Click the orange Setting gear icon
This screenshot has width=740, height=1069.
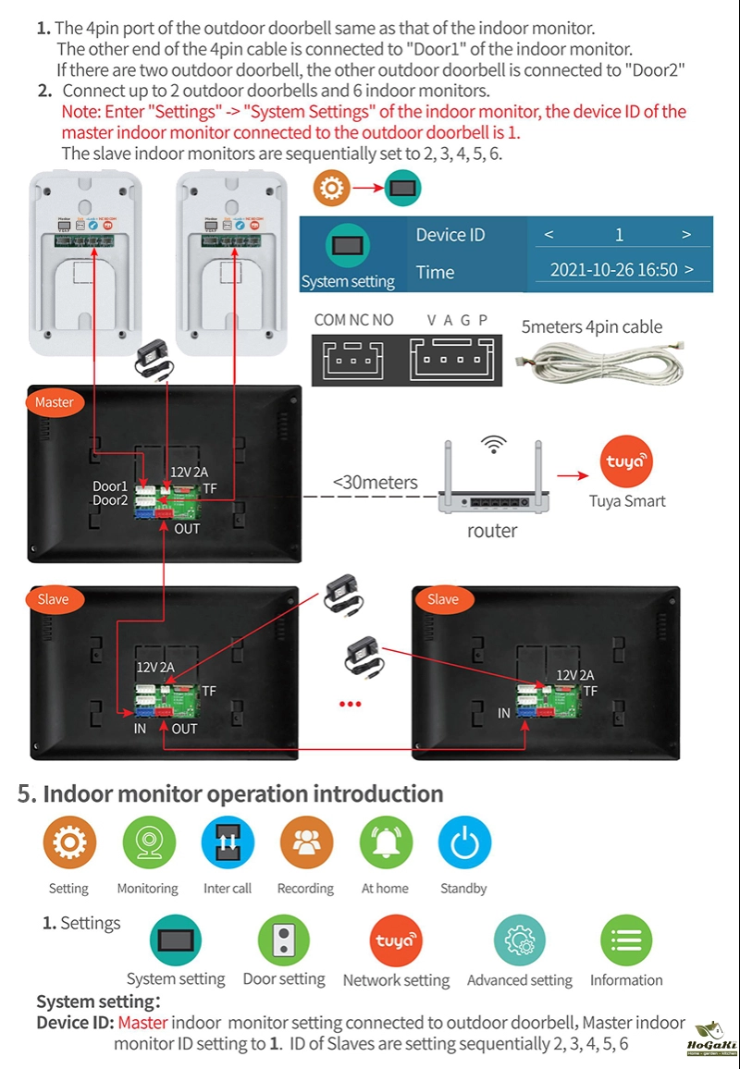[69, 843]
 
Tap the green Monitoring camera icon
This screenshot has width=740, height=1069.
[148, 843]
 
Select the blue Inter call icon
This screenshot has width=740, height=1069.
[228, 843]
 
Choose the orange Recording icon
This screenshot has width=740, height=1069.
[305, 843]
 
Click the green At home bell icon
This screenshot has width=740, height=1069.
[385, 843]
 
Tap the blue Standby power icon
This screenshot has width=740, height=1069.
[464, 843]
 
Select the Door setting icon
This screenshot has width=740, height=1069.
[283, 940]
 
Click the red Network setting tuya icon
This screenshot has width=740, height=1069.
[396, 941]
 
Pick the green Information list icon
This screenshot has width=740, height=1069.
[626, 941]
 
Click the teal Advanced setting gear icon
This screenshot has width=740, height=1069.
[519, 941]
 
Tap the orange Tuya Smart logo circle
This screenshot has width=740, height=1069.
[626, 461]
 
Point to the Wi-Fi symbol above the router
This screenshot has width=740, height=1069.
[494, 445]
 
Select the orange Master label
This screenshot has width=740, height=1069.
[54, 402]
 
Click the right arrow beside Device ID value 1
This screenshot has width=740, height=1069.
[686, 235]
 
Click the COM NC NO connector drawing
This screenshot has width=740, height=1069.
[353, 356]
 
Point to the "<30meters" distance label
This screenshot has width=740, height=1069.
[375, 483]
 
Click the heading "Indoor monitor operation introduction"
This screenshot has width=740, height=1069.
[242, 794]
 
